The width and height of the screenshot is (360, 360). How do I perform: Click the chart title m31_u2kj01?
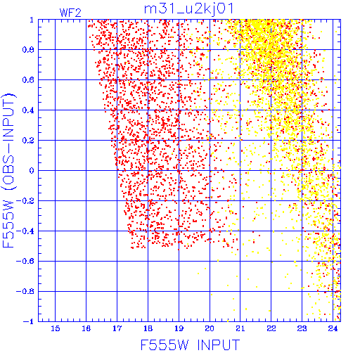point(188,9)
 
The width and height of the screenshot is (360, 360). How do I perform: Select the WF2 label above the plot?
point(70,13)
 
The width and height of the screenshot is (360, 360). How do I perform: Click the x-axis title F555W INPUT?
point(190,345)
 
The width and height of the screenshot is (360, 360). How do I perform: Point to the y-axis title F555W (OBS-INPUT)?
point(8,170)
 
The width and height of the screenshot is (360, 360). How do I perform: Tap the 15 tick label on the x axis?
point(56,328)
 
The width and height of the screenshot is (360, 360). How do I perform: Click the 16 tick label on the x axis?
point(86,328)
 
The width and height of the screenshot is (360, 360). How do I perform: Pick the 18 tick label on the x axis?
point(148,328)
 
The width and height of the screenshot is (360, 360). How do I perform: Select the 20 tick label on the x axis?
point(210,328)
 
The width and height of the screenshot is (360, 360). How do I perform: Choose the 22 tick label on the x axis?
point(271,328)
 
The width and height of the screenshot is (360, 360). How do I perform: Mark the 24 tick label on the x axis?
point(333,328)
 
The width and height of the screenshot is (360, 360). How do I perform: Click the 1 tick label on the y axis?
point(32,20)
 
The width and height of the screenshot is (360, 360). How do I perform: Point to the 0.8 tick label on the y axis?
point(28,50)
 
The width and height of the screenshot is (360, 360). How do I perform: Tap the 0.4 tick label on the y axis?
point(28,110)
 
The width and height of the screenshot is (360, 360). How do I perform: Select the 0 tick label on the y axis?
point(32,171)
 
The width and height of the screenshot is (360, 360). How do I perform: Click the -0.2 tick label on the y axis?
point(25,201)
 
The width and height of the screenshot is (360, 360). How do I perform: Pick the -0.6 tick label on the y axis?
point(25,262)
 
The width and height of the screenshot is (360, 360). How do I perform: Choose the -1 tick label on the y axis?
point(29,321)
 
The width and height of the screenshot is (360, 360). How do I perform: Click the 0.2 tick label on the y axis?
point(28,141)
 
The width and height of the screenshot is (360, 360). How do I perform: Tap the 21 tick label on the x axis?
point(240,328)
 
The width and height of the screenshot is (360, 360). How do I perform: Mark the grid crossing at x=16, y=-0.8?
point(86,291)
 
